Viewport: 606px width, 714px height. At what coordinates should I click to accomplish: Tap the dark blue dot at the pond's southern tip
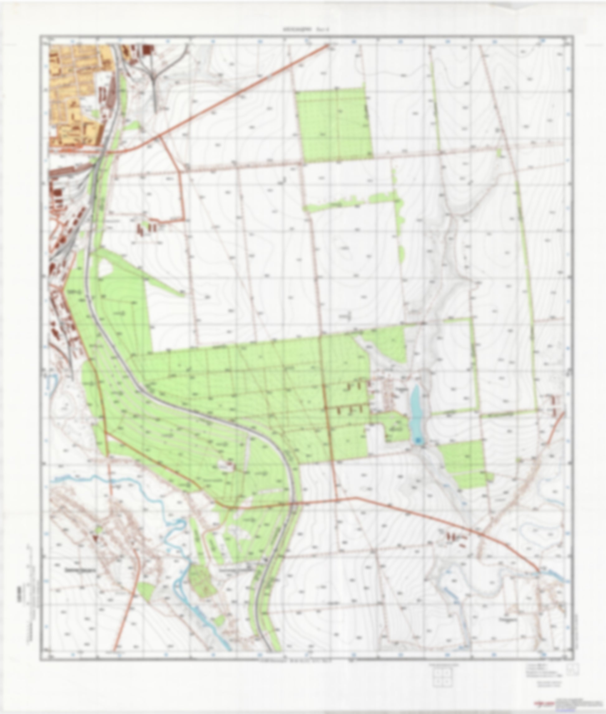[418, 440]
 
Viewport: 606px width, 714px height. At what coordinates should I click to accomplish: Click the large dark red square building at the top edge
[147, 50]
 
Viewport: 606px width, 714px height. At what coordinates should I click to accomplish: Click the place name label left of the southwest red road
[80, 570]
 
